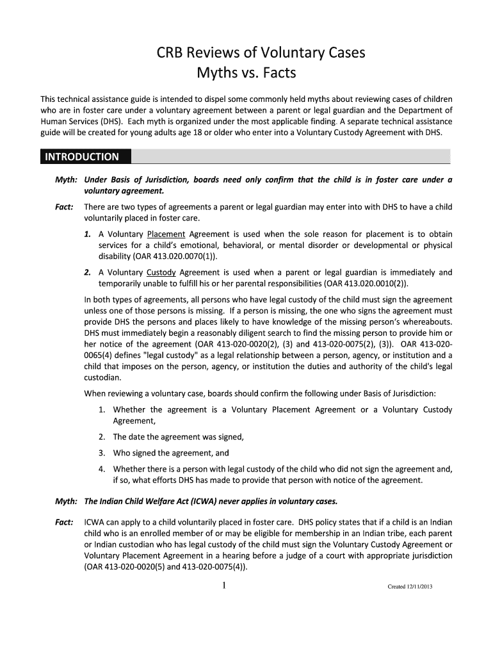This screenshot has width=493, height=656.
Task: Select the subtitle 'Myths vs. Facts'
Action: pyautogui.click(x=246, y=74)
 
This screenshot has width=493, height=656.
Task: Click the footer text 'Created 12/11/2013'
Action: pyautogui.click(x=410, y=586)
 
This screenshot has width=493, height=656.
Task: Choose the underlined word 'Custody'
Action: pyautogui.click(x=161, y=272)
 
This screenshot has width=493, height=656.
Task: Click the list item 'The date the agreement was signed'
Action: pyautogui.click(x=178, y=437)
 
